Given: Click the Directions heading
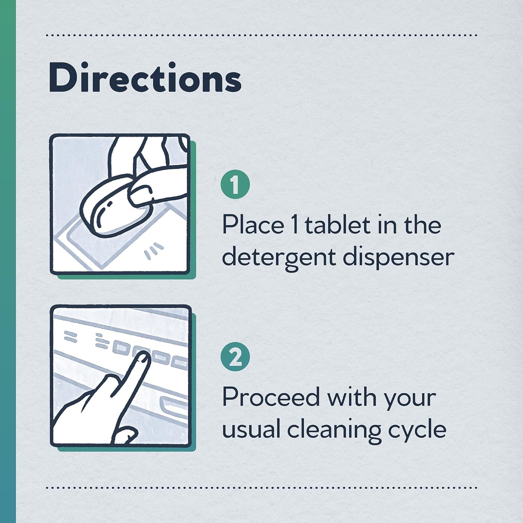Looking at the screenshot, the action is pyautogui.click(x=145, y=78).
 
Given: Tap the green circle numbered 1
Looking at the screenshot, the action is pyautogui.click(x=235, y=185).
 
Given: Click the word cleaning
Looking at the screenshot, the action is pyautogui.click(x=334, y=429).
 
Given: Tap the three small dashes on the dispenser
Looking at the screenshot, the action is pyautogui.click(x=154, y=251).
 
